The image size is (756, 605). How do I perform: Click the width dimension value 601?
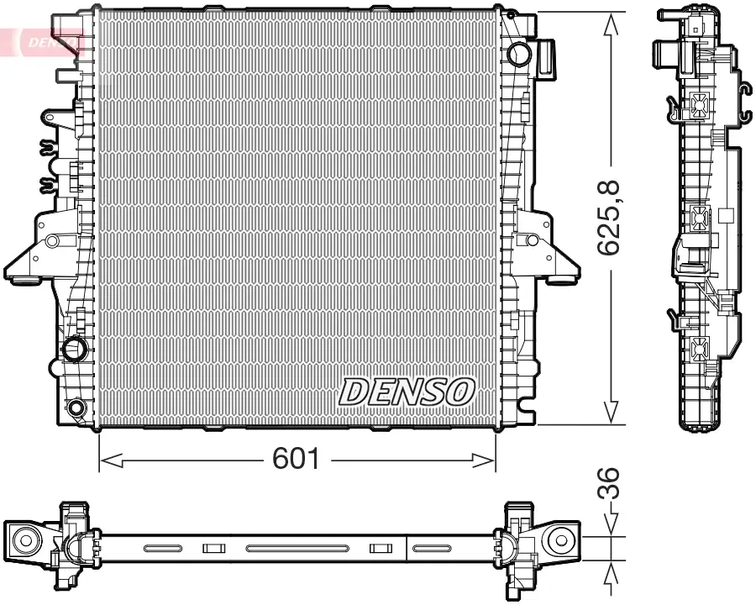tap(297, 459)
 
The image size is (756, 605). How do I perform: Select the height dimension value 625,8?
tap(610, 218)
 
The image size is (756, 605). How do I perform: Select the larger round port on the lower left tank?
tap(76, 347)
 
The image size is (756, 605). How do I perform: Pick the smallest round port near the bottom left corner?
tap(76, 408)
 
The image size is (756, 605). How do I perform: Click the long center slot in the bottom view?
tap(297, 549)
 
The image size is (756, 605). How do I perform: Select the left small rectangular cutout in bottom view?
tap(214, 549)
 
